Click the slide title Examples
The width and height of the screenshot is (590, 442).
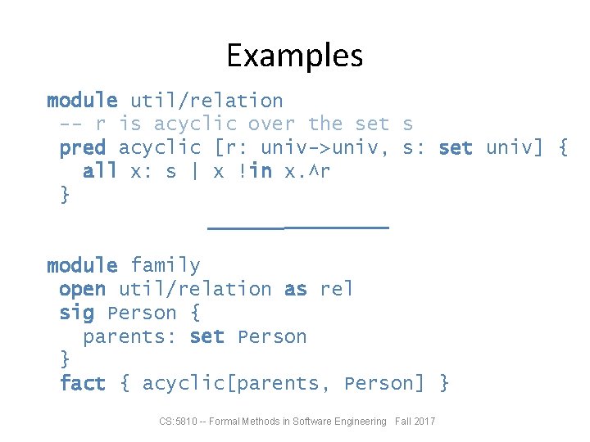coord(294,56)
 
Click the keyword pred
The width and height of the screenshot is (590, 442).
coord(82,148)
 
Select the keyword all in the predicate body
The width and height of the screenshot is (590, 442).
coord(100,172)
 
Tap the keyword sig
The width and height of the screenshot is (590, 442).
coord(76,313)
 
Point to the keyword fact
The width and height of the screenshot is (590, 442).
coord(82,384)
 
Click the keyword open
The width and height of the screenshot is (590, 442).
coord(82,290)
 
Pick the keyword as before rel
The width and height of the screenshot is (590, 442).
coord(295,290)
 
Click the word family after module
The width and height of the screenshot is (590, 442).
coord(165,266)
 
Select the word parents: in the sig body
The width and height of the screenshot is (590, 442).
coord(129,337)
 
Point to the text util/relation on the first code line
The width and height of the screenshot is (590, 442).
coord(206,101)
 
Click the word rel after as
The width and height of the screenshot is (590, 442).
coord(337,290)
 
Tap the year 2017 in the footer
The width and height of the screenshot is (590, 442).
coord(424,422)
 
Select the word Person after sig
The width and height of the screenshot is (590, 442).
coord(142,313)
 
